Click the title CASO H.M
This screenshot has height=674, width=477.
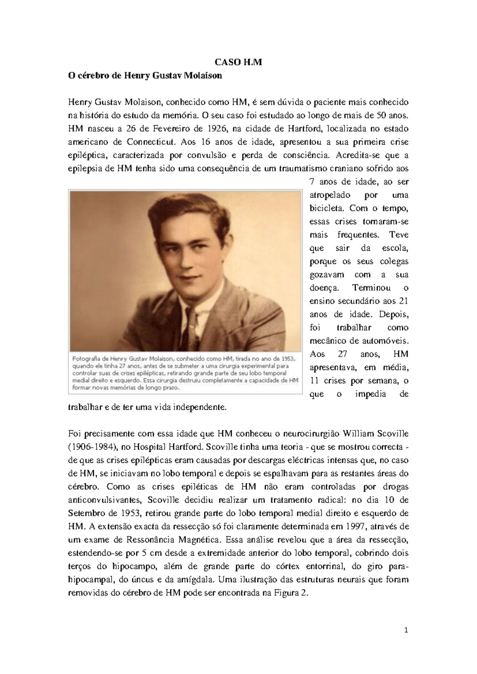click(x=238, y=62)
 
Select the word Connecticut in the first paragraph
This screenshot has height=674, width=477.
click(x=151, y=142)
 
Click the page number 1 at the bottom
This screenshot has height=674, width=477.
click(x=406, y=630)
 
